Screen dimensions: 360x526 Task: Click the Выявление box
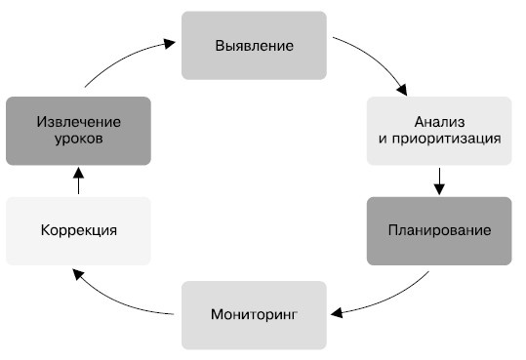(x=254, y=45)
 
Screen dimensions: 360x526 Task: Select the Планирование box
(x=439, y=231)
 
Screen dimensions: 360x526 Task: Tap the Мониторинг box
(x=254, y=314)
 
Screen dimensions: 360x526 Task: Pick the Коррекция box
(x=79, y=231)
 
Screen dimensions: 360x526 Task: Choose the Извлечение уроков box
(x=79, y=130)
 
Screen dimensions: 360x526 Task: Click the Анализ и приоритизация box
(x=439, y=130)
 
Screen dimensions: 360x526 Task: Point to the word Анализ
(x=439, y=121)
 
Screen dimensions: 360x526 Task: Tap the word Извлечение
(x=79, y=121)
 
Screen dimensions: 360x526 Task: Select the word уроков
(x=79, y=139)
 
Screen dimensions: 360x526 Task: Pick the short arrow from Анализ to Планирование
(x=439, y=180)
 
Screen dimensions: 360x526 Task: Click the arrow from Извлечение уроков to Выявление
(x=122, y=60)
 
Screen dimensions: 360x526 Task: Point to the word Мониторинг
(x=254, y=314)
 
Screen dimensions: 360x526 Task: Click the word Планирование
(x=439, y=231)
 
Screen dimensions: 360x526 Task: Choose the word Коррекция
(x=79, y=231)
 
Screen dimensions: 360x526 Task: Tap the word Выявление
(x=254, y=45)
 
